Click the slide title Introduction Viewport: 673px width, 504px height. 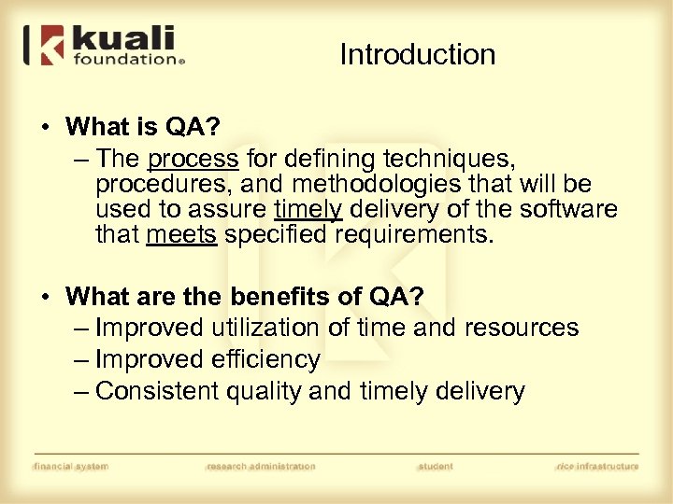coord(417,55)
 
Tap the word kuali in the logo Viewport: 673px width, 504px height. coord(123,40)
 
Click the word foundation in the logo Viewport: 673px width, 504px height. coord(125,60)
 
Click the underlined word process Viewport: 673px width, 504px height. coord(193,159)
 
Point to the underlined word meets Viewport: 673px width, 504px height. coord(181,235)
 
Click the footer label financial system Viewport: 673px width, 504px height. coord(70,466)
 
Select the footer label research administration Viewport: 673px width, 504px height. coord(260,466)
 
